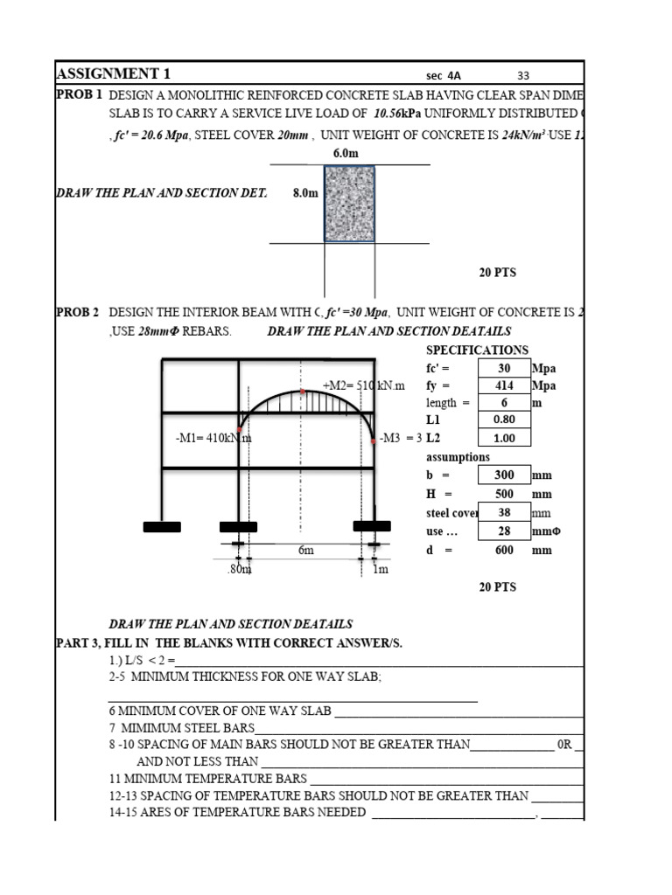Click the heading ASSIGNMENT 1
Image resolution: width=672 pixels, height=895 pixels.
pos(113,73)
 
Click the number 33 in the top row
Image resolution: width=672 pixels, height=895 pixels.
pos(522,76)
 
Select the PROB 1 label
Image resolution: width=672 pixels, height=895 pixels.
pos(79,94)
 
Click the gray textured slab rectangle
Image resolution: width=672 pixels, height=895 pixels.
pos(349,203)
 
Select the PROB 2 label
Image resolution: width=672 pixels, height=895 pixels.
pos(79,312)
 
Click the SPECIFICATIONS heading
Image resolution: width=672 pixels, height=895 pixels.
pos(477,350)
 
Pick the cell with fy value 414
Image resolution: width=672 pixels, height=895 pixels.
pos(504,385)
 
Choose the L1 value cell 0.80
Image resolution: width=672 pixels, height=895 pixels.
pos(504,420)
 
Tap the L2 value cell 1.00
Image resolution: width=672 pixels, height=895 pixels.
pos(504,439)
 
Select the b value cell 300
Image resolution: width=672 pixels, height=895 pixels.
pos(504,475)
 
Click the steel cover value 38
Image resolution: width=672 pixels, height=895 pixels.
pos(504,513)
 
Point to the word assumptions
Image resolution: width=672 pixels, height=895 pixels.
pos(458,457)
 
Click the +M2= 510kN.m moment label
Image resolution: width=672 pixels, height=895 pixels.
pos(364,385)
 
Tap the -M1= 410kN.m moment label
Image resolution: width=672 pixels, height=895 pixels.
pos(213,438)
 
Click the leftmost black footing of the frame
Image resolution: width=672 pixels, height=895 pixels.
pos(162,527)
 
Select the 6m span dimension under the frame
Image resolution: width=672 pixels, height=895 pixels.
pos(305,550)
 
